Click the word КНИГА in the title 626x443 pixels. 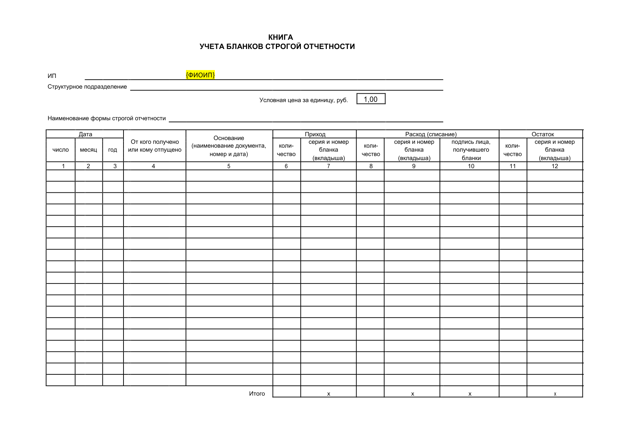(x=281, y=37)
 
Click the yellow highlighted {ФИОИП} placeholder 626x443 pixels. (x=200, y=75)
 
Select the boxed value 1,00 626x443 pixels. (x=371, y=99)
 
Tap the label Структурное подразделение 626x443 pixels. (x=87, y=87)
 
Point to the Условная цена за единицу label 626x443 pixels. (x=303, y=100)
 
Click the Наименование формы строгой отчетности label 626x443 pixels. (x=107, y=118)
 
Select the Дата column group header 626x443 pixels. (x=85, y=134)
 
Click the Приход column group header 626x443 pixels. (x=315, y=134)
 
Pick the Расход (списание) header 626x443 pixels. (x=431, y=134)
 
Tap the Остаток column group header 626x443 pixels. (x=542, y=134)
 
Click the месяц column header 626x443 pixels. (x=89, y=150)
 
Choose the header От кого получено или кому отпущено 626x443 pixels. (x=155, y=146)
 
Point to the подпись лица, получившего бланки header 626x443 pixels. (x=471, y=150)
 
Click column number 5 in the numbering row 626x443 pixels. (x=229, y=166)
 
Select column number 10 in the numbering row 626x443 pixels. (x=471, y=166)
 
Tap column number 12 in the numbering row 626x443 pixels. (x=555, y=166)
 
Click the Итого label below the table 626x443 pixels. (x=257, y=394)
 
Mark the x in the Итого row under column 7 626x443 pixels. (x=328, y=394)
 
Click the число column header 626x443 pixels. (x=61, y=150)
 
